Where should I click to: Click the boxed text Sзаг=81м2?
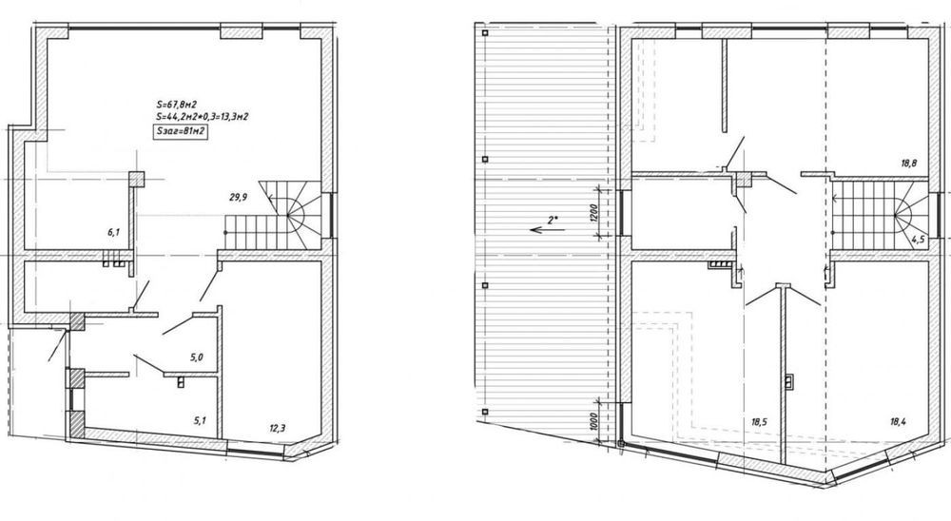tap(181, 132)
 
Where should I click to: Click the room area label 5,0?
tap(196, 357)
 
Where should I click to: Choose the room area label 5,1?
tap(200, 418)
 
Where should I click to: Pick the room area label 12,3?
tap(277, 428)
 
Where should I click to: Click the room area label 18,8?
tap(910, 163)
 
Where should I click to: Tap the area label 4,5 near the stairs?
tap(918, 239)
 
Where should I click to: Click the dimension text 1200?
tap(593, 212)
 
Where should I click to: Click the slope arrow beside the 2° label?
tap(547, 230)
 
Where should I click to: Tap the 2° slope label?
tap(552, 220)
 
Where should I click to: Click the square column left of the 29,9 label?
tap(136, 179)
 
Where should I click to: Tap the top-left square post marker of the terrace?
tap(485, 33)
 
